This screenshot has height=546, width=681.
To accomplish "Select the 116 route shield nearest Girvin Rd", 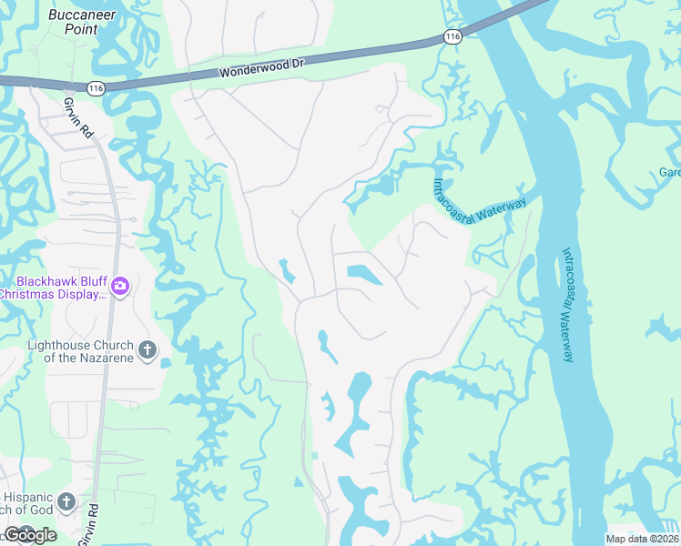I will (97, 87).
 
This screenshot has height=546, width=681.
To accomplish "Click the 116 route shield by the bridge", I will (452, 36).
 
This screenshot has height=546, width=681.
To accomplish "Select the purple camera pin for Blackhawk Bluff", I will (119, 288).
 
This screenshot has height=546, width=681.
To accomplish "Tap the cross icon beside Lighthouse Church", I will (147, 349).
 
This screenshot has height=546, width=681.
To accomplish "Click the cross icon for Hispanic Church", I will (66, 501).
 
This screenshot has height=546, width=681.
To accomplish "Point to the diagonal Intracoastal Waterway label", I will (478, 197).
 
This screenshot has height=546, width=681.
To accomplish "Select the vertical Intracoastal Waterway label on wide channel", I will (567, 305).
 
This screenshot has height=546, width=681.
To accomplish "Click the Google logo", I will (29, 534).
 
